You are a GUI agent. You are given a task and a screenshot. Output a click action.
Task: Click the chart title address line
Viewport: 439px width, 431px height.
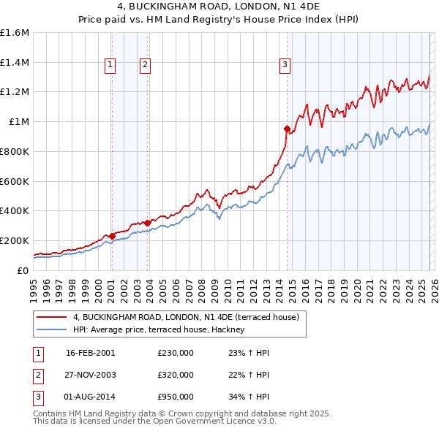coord(219,8)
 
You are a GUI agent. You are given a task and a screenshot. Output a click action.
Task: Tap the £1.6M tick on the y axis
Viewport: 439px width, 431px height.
coord(15,33)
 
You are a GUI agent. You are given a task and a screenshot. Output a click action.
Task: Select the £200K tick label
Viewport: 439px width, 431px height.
coord(15,240)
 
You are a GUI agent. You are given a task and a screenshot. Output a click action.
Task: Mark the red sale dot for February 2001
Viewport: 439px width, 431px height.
coord(112,236)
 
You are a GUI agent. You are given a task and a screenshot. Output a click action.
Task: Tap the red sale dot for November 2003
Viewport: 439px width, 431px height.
coord(148,223)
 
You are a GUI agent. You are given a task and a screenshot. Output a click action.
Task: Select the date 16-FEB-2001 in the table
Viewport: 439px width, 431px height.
coord(91,353)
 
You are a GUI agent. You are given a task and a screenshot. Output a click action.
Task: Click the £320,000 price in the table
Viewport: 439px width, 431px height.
coord(176,375)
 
